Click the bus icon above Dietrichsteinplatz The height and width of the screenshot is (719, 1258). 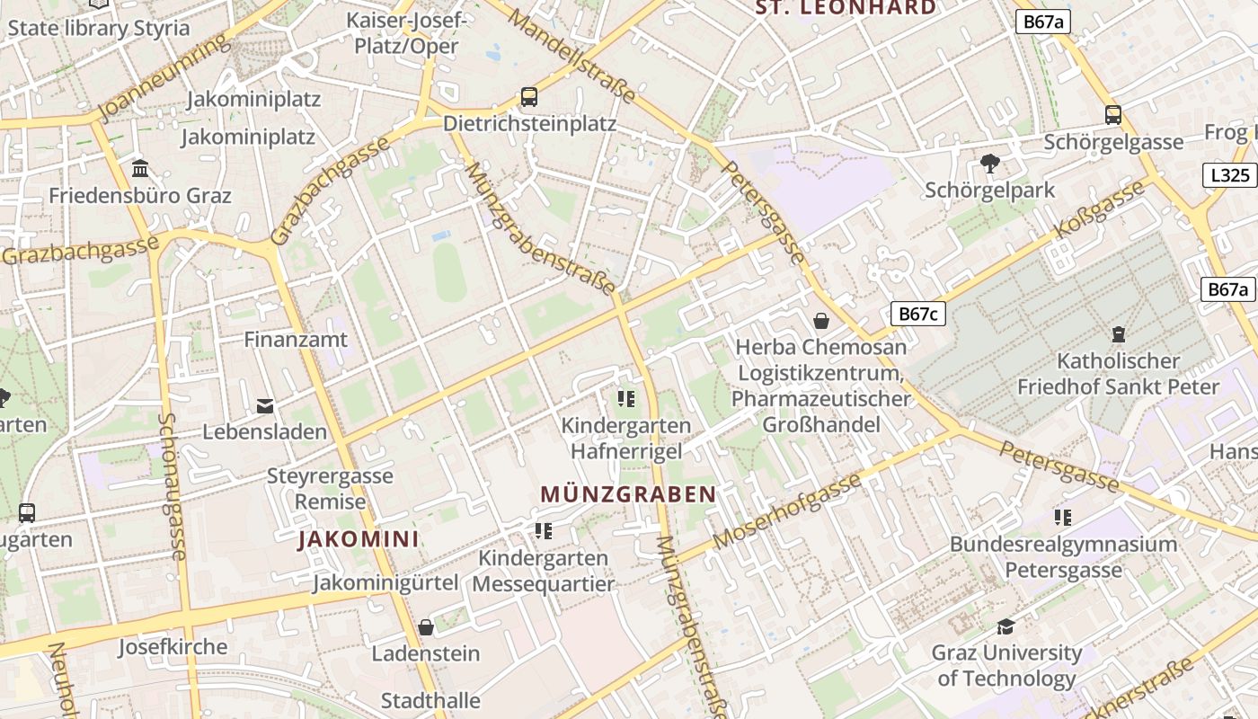529,96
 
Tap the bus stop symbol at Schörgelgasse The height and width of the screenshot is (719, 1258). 1113,114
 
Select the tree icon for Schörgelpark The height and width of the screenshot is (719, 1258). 990,164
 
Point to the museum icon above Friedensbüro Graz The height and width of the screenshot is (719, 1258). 140,168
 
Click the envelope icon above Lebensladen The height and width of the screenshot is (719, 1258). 265,405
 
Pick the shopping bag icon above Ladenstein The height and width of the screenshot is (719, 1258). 426,626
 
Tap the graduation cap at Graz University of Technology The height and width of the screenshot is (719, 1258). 1006,626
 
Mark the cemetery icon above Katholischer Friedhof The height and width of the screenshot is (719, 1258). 1119,334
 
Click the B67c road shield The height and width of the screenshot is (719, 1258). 918,314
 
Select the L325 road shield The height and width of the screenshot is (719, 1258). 1229,175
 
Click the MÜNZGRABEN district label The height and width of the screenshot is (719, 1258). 628,494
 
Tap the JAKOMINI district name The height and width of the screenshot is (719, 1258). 359,539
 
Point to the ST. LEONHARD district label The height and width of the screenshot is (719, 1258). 846,8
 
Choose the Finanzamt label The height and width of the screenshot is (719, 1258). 296,340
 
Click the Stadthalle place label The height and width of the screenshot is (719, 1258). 430,700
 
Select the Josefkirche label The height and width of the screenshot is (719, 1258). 173,647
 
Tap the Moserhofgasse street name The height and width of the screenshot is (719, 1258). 787,510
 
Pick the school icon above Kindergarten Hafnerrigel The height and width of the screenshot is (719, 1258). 626,398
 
